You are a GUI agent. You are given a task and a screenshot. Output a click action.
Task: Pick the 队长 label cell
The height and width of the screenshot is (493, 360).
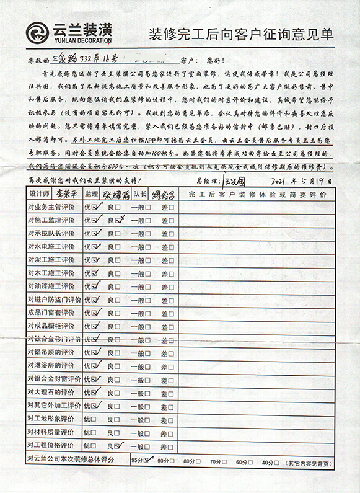(139, 195)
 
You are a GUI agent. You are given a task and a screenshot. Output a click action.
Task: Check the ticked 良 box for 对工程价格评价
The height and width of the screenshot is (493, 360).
(118, 445)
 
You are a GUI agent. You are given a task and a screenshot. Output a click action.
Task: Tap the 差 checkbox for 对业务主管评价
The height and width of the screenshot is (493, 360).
(171, 208)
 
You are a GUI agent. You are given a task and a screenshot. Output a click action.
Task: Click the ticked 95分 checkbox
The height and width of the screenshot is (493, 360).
(147, 460)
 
